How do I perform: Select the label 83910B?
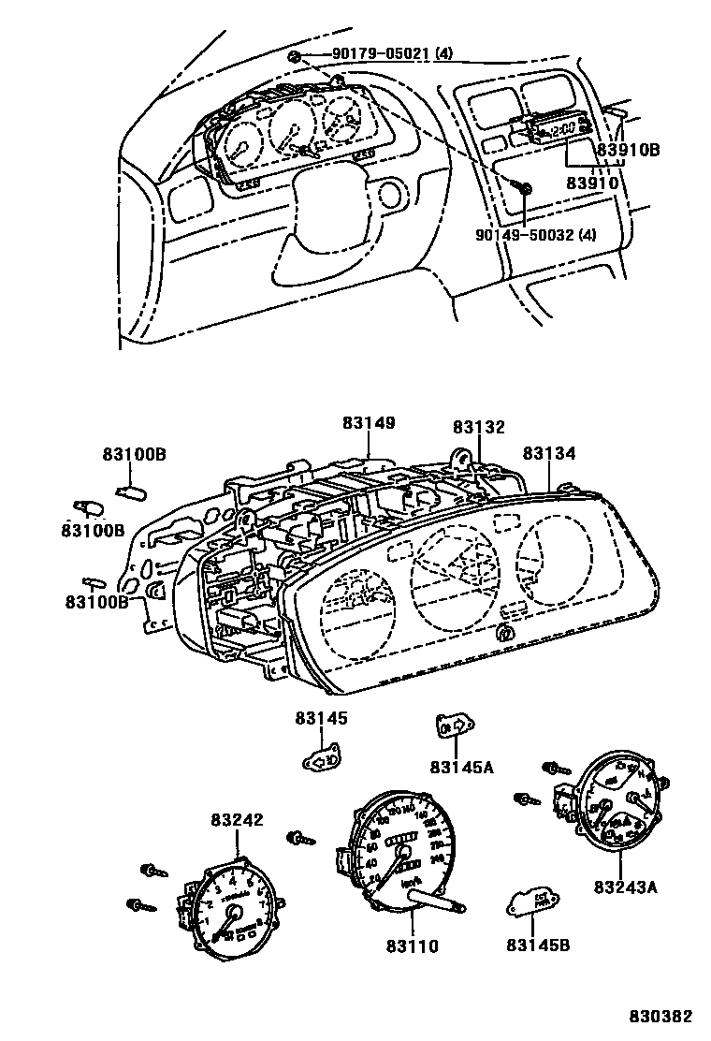(x=628, y=149)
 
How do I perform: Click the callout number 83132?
(x=478, y=427)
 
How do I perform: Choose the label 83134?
(x=549, y=453)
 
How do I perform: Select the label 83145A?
(x=461, y=768)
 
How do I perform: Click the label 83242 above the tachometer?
(x=237, y=820)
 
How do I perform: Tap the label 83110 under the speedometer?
(x=411, y=946)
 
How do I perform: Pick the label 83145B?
(x=538, y=945)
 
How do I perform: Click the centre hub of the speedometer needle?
(x=405, y=853)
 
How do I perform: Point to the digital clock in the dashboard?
(x=558, y=129)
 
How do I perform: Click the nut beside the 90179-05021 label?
(x=295, y=57)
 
